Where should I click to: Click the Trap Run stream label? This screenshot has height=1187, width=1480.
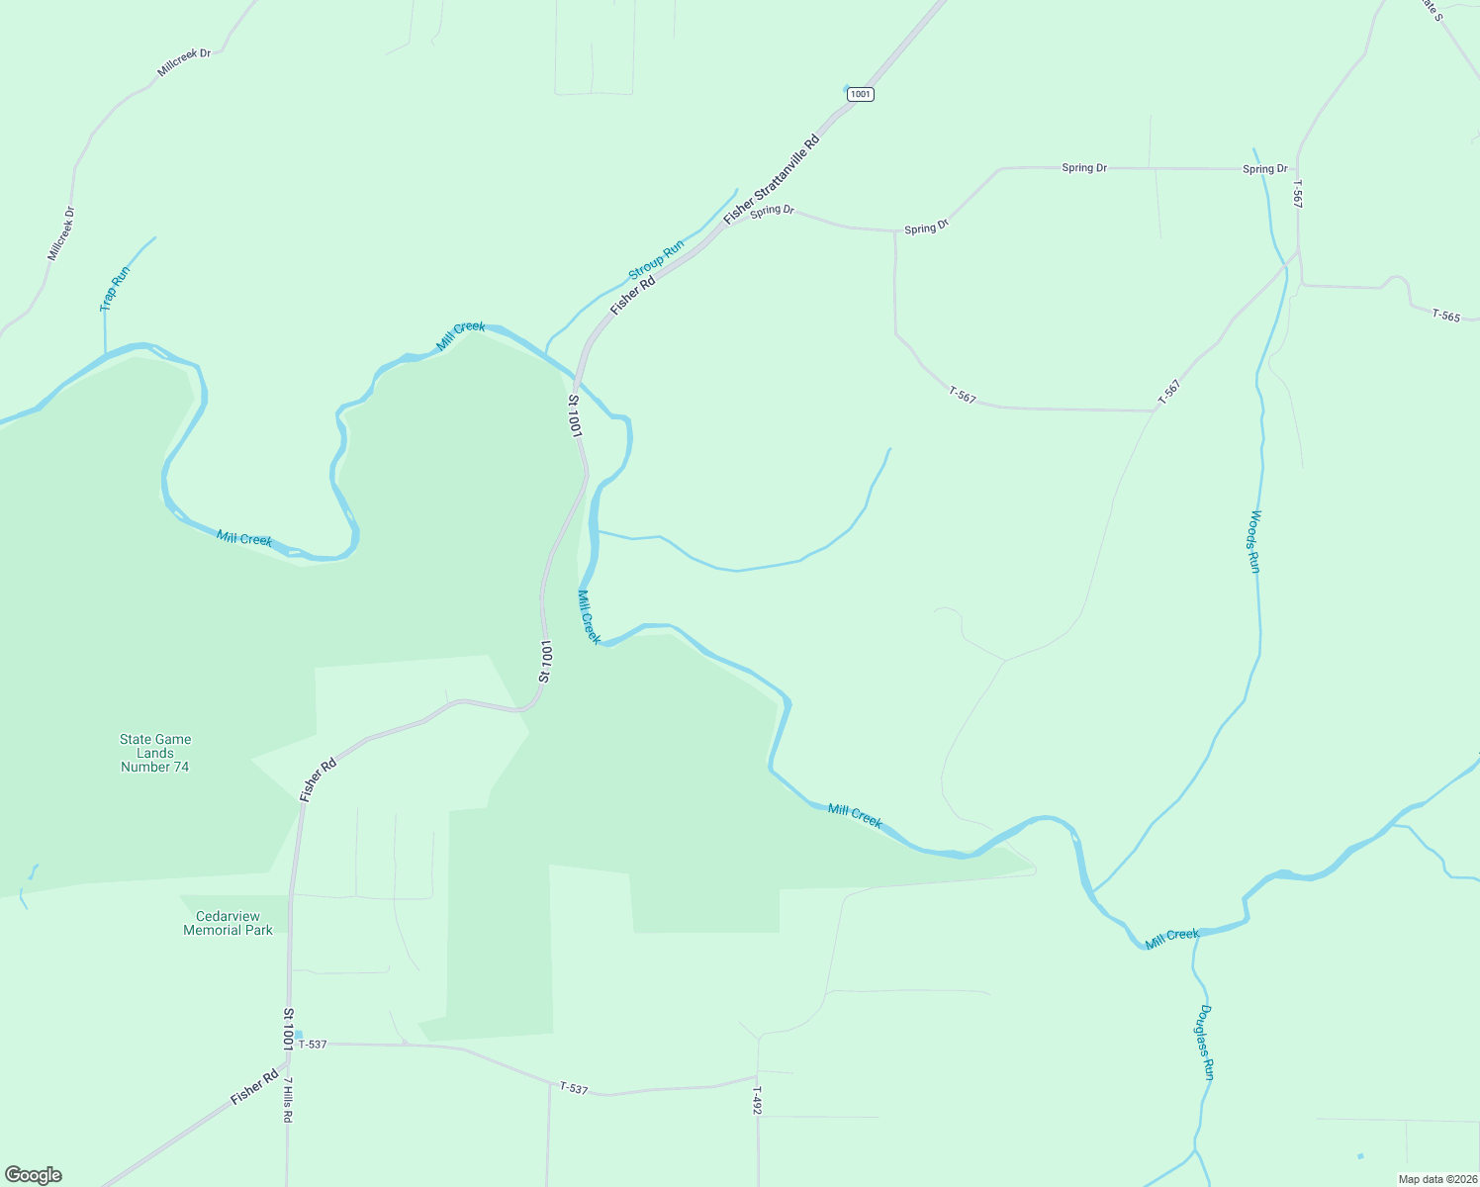[x=115, y=289]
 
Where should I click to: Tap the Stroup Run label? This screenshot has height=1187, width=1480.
[x=656, y=259]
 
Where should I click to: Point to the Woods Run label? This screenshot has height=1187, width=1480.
[x=1253, y=541]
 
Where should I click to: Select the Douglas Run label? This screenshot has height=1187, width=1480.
[x=1205, y=1042]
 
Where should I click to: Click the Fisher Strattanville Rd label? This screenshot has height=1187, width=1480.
[x=772, y=179]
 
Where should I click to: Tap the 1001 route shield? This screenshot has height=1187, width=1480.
[x=861, y=94]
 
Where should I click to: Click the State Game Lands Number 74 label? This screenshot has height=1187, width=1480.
[x=155, y=753]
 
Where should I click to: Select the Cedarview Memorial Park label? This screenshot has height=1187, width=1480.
[x=228, y=923]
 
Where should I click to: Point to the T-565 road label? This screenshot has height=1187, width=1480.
[x=1445, y=316]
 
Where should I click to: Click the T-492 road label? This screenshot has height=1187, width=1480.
[x=756, y=1100]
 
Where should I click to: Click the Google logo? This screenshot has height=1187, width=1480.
[x=34, y=1175]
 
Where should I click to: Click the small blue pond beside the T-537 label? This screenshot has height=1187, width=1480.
[x=298, y=1035]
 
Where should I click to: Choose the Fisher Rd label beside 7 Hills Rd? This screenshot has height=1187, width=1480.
[x=254, y=1087]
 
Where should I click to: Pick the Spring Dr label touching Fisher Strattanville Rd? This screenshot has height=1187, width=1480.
[x=772, y=211]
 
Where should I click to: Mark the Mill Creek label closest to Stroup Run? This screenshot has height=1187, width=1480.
[x=461, y=335]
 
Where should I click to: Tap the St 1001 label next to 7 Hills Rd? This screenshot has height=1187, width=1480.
[x=288, y=1030]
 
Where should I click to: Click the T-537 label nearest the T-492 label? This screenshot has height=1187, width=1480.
[x=574, y=1088]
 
